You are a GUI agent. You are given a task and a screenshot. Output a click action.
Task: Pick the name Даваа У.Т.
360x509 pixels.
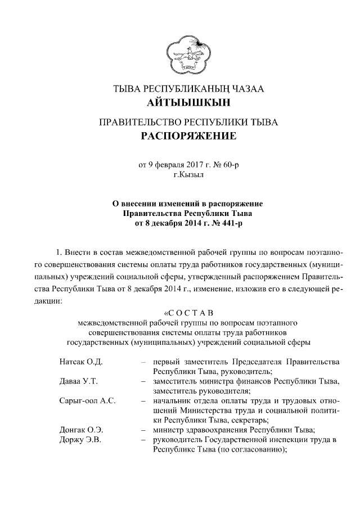(x=79, y=381)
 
